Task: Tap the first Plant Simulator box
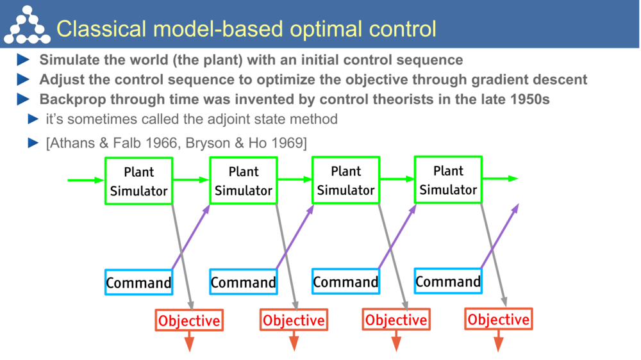138,181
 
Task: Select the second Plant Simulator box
243,181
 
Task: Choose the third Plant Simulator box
345,181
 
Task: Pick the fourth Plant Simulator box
448,180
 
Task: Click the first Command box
138,282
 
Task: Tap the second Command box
243,282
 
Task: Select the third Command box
345,282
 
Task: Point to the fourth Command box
448,281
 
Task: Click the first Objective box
189,320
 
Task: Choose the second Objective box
294,320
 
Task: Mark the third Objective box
396,320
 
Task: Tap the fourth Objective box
499,319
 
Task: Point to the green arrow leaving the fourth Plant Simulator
500,179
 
